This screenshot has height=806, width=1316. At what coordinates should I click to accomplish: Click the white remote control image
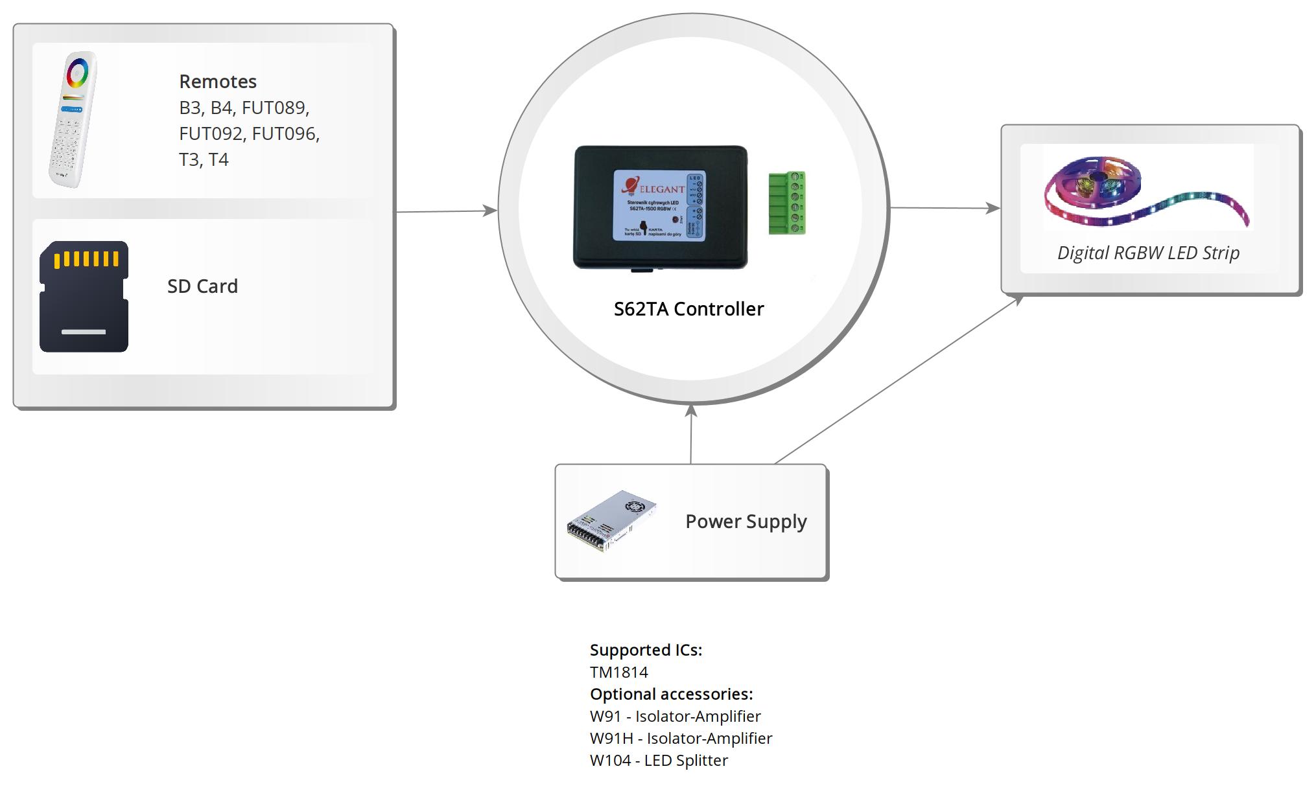point(72,120)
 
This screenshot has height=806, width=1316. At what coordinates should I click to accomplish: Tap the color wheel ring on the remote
point(77,73)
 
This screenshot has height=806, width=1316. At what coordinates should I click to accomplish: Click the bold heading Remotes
point(218,82)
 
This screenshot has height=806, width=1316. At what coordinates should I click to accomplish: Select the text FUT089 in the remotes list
point(275,108)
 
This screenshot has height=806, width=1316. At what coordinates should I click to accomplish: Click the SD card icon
point(84,297)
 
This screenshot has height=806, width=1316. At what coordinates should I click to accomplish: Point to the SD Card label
point(202,286)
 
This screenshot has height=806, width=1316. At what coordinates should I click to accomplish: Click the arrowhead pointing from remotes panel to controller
point(490,210)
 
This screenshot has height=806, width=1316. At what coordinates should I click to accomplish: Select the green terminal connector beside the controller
point(787,203)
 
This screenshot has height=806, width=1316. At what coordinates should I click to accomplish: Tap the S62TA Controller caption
point(688,309)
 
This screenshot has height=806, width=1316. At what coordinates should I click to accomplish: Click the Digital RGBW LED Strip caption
point(1148,253)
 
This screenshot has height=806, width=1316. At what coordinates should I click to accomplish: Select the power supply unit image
point(611,521)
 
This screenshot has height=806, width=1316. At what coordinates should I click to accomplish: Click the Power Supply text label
point(746,522)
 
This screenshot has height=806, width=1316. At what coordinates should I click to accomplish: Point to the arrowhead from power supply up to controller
point(691,411)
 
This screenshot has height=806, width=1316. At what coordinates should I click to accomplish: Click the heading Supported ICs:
point(646,650)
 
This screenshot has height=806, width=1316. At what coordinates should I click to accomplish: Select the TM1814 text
point(618,672)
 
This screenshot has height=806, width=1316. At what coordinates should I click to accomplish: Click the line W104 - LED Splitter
point(659,760)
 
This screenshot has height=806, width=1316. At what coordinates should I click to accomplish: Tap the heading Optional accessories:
point(671,694)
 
